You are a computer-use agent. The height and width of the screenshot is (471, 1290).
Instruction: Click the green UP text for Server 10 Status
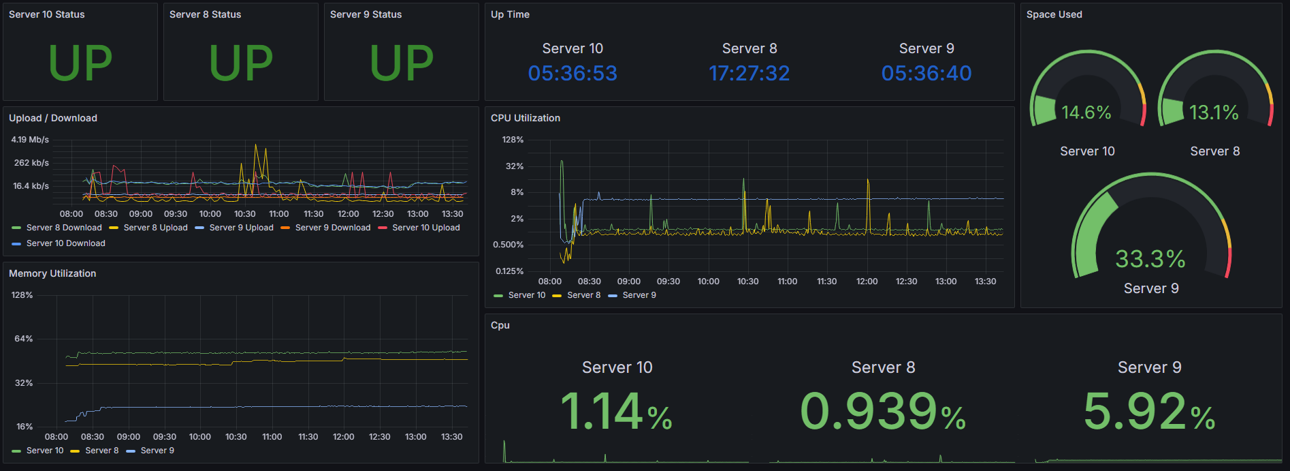(80, 63)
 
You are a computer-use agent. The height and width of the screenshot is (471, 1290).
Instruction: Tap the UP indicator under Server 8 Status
(241, 63)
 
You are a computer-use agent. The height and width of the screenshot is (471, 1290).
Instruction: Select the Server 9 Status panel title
(366, 14)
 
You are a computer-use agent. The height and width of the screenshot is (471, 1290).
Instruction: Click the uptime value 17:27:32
(749, 73)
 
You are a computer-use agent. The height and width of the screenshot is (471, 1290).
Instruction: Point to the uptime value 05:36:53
(573, 73)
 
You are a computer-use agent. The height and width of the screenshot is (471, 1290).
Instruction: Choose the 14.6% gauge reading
(1086, 112)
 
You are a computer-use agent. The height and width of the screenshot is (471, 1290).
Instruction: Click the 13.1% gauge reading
(1214, 112)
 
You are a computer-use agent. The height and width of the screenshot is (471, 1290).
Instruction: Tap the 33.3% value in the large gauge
(1150, 259)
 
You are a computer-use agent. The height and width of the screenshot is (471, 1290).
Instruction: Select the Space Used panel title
(1054, 14)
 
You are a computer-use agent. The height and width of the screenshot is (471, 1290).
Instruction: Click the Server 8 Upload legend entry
(155, 228)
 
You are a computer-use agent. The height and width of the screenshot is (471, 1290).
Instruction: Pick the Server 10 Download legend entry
(65, 243)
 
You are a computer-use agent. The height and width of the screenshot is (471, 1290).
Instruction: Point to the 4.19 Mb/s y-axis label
(30, 140)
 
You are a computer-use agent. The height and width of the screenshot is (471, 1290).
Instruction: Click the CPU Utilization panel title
(525, 118)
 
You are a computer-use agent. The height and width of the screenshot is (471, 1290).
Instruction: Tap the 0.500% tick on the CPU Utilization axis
(508, 245)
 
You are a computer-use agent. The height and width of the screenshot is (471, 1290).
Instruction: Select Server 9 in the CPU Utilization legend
(639, 295)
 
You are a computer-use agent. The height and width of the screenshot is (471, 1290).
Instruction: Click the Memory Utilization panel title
(52, 273)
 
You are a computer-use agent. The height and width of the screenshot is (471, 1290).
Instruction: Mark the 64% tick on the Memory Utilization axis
(24, 339)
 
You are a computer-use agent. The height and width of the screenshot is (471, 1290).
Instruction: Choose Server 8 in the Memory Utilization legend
(101, 451)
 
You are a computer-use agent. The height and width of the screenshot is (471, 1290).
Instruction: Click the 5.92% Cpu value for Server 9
(1149, 412)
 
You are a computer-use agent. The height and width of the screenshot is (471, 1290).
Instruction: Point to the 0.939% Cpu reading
(882, 412)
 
